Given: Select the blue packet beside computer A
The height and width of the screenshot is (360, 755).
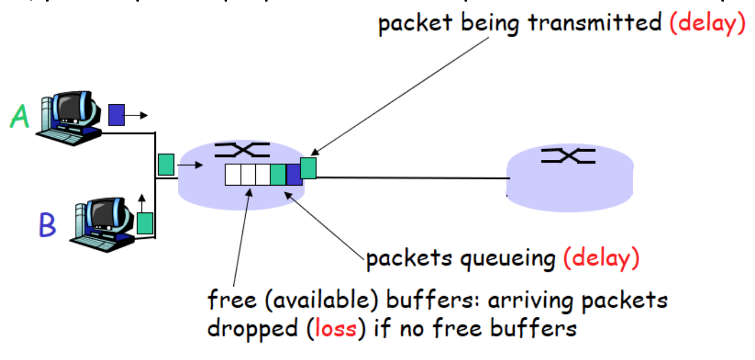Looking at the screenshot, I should (x=116, y=115).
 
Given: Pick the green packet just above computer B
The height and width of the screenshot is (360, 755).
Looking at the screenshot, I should (x=145, y=223).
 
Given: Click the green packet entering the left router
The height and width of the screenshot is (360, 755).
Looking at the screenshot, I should (x=166, y=164).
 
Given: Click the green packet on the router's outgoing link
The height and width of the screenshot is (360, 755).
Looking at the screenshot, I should (x=309, y=168).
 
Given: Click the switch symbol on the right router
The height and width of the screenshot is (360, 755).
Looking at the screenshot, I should (x=568, y=155).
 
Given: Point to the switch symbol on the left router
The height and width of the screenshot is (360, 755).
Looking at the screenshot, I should (x=242, y=149).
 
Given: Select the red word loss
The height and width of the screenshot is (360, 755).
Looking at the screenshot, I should (x=335, y=327).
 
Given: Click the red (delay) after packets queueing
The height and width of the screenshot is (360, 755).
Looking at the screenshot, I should (x=601, y=259).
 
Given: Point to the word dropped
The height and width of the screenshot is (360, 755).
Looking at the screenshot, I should (x=252, y=327).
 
